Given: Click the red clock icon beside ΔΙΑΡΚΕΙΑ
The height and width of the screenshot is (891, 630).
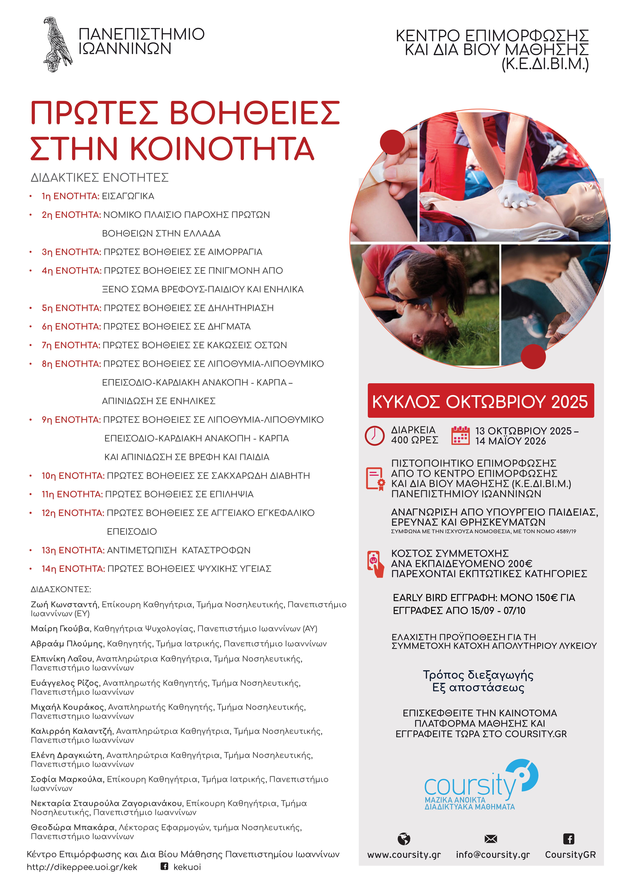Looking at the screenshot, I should (374, 435).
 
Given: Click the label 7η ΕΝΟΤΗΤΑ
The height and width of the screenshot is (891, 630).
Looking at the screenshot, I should (71, 345).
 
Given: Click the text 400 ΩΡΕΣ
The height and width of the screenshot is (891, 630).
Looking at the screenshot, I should (414, 440).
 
